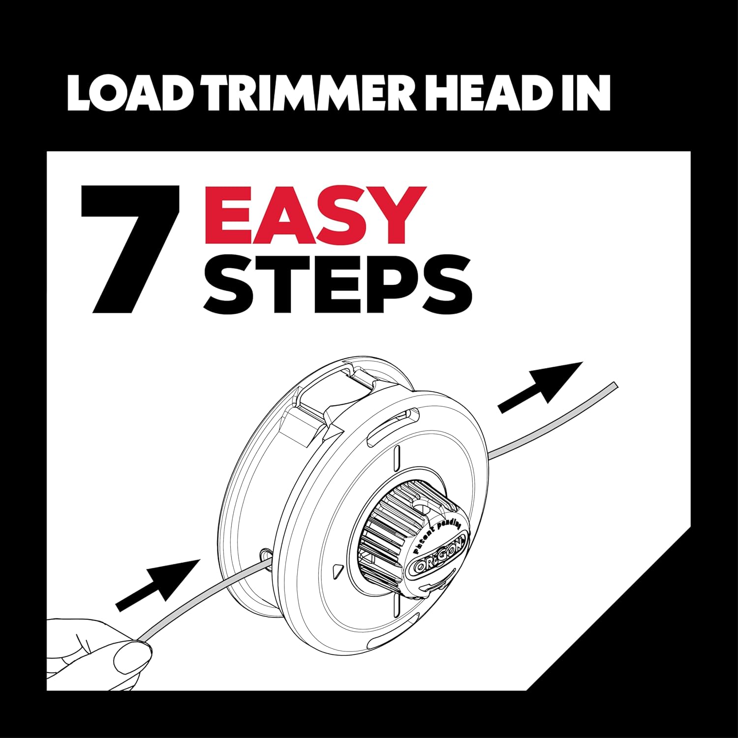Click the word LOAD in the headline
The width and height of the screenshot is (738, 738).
pos(129,92)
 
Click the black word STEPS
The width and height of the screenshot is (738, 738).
pos(338,284)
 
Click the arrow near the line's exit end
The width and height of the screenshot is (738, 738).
pos(540,387)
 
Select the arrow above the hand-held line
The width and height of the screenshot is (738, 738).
pos(157,585)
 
